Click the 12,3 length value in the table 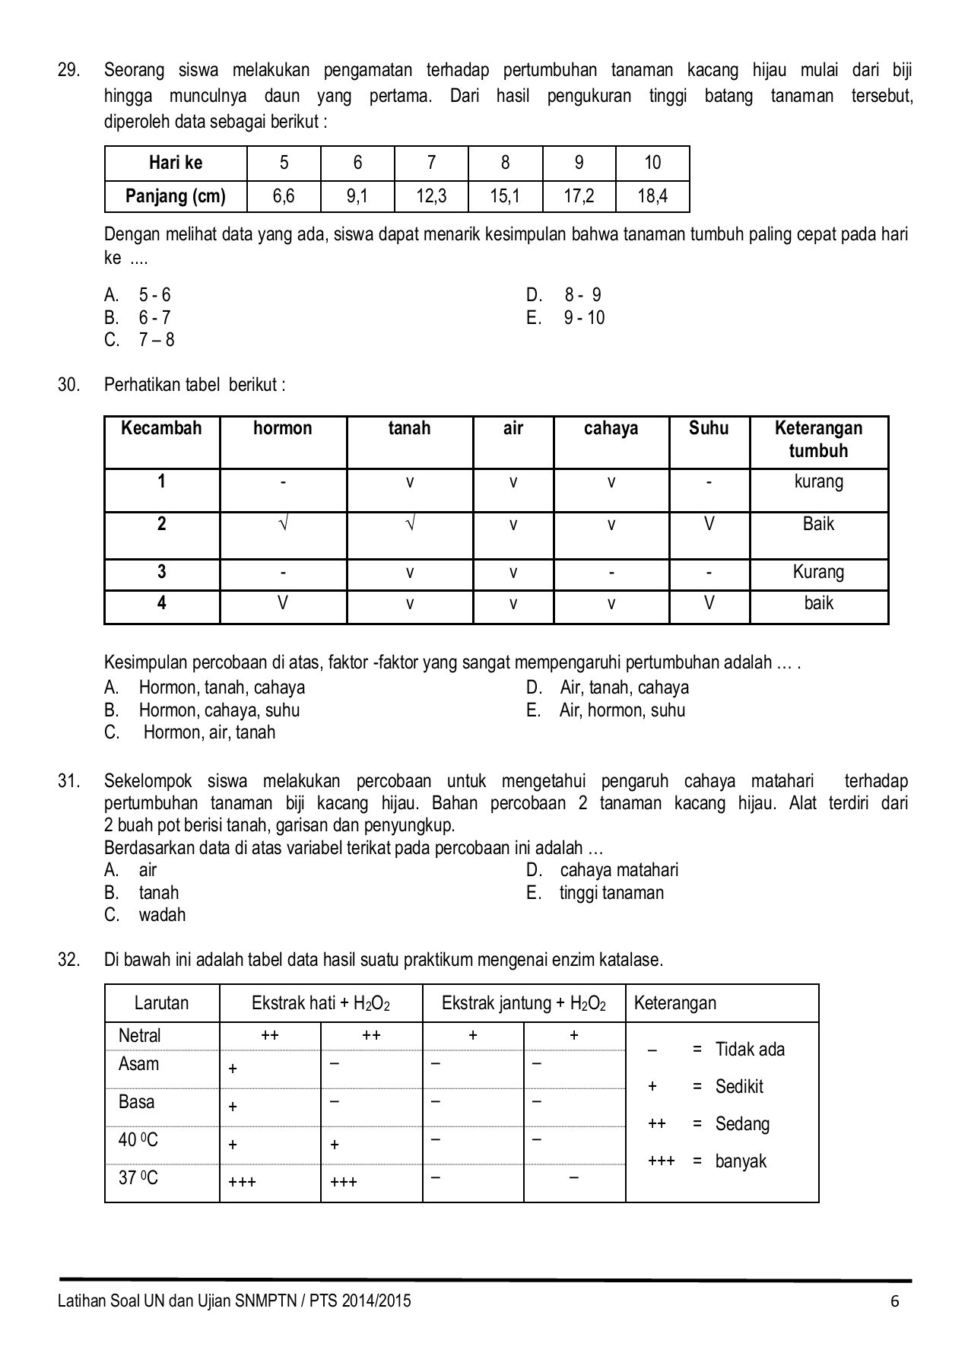click(431, 197)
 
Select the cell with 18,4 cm click(652, 197)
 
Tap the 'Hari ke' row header click(176, 163)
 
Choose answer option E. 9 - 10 click(566, 318)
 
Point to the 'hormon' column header click(282, 428)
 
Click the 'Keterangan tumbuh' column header click(818, 440)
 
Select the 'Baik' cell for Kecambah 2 click(818, 524)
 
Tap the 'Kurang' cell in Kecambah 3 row click(818, 572)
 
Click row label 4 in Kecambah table click(161, 603)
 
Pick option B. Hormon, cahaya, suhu click(202, 710)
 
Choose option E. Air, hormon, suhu click(605, 710)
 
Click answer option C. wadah click(145, 915)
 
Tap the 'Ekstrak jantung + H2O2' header click(523, 1003)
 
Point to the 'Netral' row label click(140, 1036)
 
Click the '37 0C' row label click(138, 1178)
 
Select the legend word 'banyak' click(741, 1161)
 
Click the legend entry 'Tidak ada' click(750, 1050)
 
